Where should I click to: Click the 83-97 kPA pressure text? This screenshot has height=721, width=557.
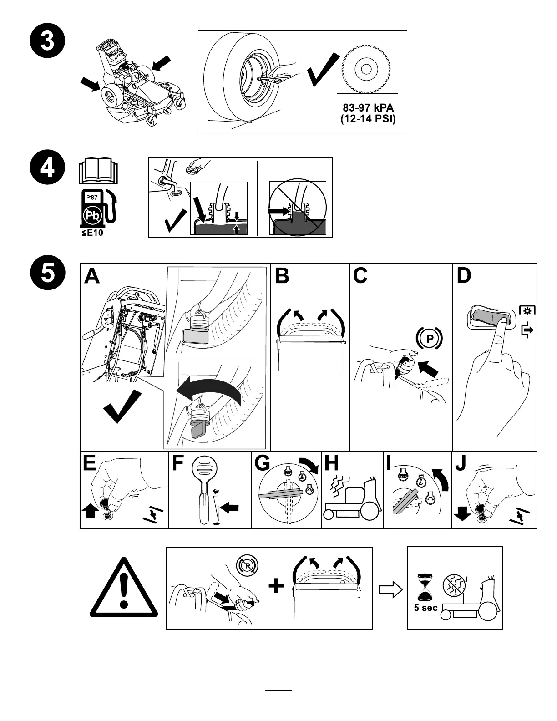pyautogui.click(x=368, y=109)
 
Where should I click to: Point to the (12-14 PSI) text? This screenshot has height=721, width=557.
pyautogui.click(x=368, y=119)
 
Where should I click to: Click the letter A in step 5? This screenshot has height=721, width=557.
pyautogui.click(x=92, y=276)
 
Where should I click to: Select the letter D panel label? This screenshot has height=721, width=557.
pyautogui.click(x=464, y=276)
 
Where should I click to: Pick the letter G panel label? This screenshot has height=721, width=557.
pyautogui.click(x=263, y=464)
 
